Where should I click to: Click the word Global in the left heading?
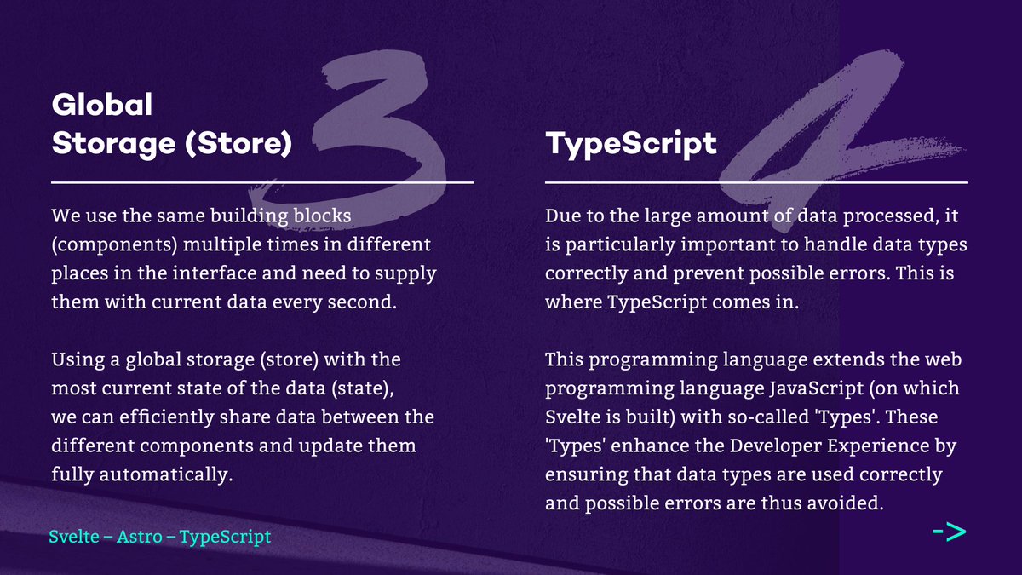click(x=102, y=106)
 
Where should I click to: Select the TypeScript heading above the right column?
click(x=630, y=144)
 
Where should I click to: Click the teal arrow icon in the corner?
click(x=950, y=533)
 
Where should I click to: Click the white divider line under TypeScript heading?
click(x=756, y=182)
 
